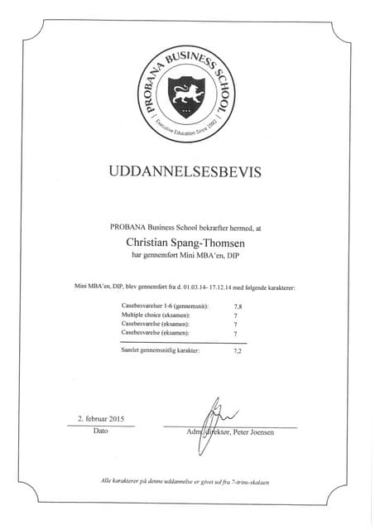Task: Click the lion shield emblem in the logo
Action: (x=186, y=96)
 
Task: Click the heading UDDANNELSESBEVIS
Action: (x=185, y=172)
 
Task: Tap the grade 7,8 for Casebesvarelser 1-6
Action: (x=238, y=306)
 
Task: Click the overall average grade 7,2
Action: (x=238, y=351)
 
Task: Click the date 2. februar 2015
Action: (x=100, y=418)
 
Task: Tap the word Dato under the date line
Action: (x=100, y=431)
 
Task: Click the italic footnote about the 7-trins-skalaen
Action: (x=185, y=481)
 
